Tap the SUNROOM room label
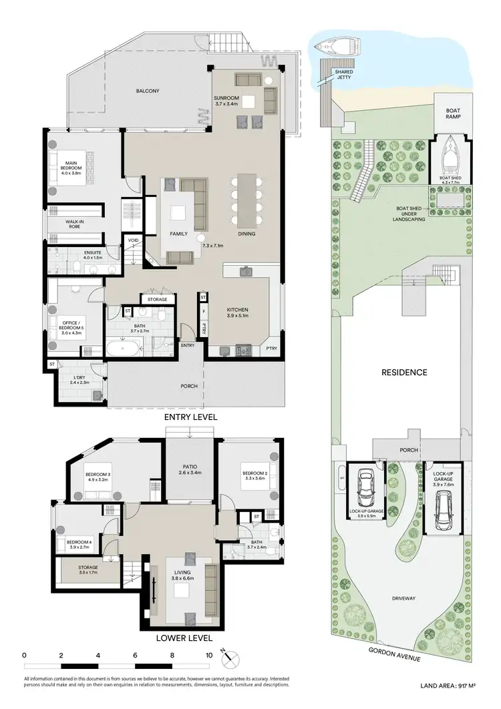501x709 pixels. [x=226, y=101]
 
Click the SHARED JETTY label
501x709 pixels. [x=344, y=74]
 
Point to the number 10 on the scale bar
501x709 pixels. [x=209, y=655]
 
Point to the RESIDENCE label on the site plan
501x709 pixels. [x=404, y=373]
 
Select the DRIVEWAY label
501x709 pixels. [x=405, y=598]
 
